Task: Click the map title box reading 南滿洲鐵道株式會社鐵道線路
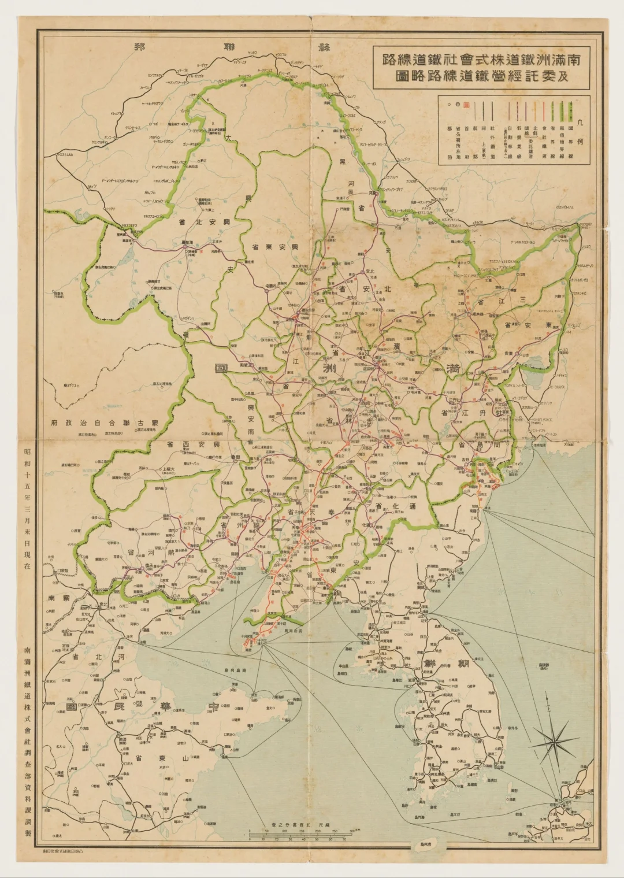tap(481, 67)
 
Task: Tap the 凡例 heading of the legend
tap(581, 129)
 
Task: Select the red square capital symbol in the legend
tap(467, 106)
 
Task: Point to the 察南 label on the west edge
tap(59, 598)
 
